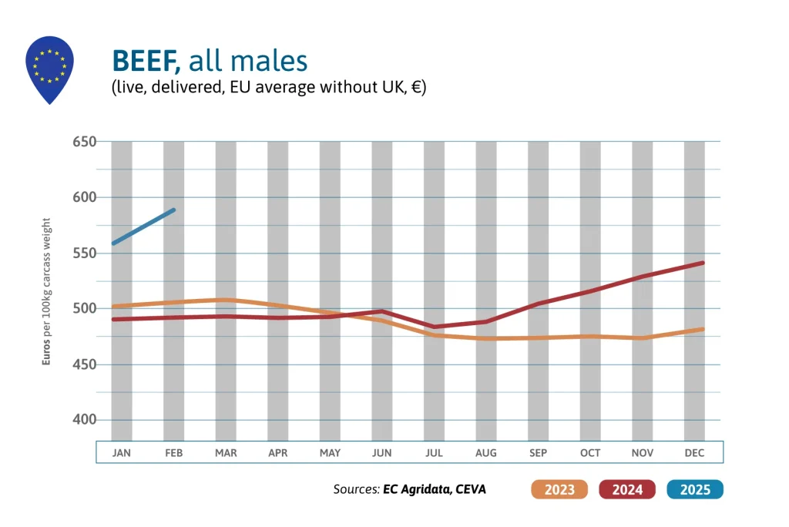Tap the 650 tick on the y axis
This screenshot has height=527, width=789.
[x=84, y=142]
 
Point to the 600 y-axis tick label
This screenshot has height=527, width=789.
[x=84, y=197]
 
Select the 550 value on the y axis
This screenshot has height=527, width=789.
[x=84, y=253]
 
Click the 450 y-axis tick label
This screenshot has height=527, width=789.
[x=84, y=364]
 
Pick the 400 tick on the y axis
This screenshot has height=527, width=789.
[x=84, y=420]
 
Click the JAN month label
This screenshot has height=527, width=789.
[x=121, y=453]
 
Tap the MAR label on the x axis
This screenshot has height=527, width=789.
[x=226, y=453]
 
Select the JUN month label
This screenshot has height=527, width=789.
[x=382, y=453]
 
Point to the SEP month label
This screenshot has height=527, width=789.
[x=538, y=453]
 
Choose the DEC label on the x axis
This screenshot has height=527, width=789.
[x=694, y=453]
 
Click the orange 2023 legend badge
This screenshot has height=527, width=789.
[x=559, y=489]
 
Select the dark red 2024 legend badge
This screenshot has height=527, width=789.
[x=627, y=489]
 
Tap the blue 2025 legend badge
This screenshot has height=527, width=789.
[x=695, y=489]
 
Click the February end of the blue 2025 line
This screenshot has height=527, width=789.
[x=174, y=210]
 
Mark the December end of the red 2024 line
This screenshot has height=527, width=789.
[x=703, y=263]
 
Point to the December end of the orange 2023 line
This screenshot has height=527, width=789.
[x=703, y=329]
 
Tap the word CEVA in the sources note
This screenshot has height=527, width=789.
[x=470, y=489]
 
